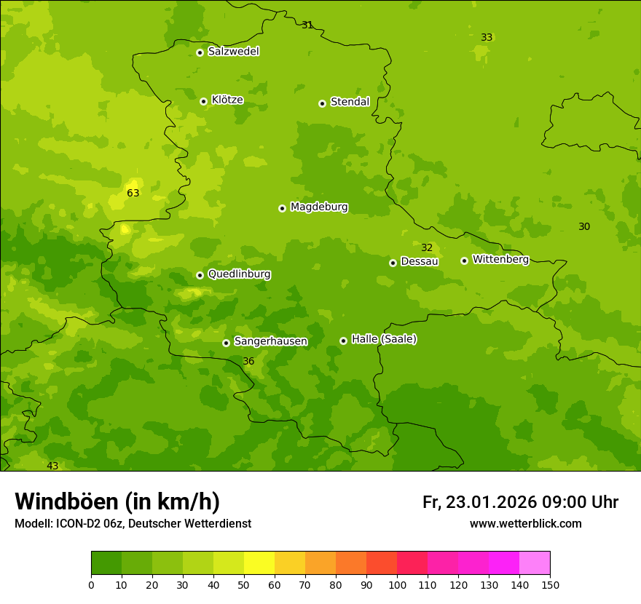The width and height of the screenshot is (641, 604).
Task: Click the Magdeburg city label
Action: [x=319, y=207]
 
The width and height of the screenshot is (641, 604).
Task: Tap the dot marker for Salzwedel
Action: [x=200, y=52]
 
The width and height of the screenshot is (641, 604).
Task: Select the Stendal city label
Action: [x=350, y=102]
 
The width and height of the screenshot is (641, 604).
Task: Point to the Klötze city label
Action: [x=227, y=100]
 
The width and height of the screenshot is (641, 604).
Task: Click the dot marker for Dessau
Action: [x=393, y=263]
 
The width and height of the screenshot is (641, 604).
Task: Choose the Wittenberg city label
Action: [x=500, y=259]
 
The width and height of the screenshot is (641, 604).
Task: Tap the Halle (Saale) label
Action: [x=384, y=339]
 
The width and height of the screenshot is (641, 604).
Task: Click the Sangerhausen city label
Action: [x=270, y=341]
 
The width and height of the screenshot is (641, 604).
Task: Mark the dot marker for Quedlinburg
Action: [x=200, y=275]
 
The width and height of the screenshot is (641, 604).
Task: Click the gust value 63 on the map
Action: [x=133, y=194]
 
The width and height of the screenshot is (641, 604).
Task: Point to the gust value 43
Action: [x=52, y=466]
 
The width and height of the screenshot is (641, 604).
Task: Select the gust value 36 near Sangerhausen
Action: [x=248, y=362]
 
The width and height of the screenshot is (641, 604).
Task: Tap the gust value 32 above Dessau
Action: [x=427, y=248]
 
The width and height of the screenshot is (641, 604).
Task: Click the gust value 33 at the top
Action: [x=487, y=37]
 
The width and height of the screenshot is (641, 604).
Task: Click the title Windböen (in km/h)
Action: [x=117, y=501]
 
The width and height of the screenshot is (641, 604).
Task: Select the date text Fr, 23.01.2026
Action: [x=479, y=502]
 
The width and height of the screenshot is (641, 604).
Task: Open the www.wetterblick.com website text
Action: [x=525, y=523]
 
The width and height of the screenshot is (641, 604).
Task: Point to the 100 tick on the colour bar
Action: [x=397, y=584]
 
